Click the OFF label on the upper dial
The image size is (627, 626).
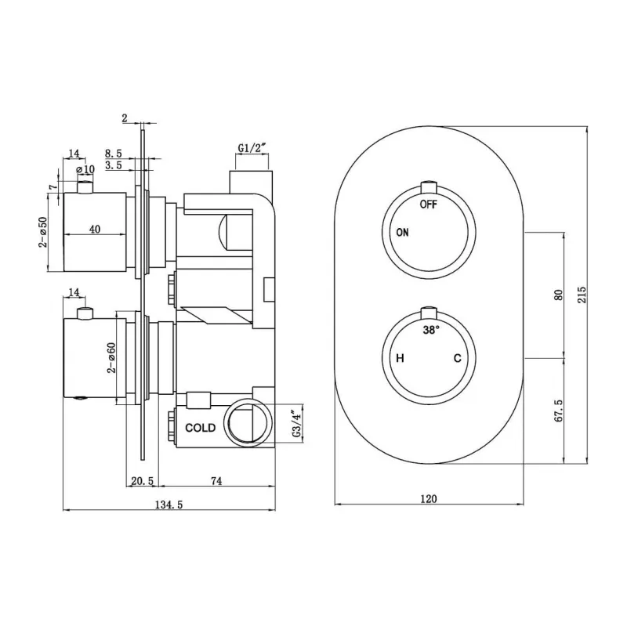tap(428, 204)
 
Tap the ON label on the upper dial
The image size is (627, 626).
tap(402, 232)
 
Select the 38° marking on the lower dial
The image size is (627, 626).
tap(431, 330)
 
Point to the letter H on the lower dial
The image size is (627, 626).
tap(400, 358)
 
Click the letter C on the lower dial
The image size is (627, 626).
tap(458, 358)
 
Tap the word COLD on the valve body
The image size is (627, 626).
tap(201, 428)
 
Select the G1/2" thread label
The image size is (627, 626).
tap(252, 148)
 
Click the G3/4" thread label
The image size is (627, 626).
tap(297, 423)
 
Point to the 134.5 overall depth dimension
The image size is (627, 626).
tap(169, 505)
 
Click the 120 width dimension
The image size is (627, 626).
tap(429, 498)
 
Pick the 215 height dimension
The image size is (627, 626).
tap(582, 295)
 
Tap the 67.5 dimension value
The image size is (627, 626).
tap(559, 411)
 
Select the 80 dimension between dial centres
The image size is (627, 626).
tap(559, 295)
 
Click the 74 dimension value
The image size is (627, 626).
tap(216, 481)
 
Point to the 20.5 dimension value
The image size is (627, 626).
tap(143, 481)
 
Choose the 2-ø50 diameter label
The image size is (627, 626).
tap(43, 232)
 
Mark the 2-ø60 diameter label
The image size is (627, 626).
tap(111, 358)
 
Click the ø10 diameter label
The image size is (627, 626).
tap(85, 169)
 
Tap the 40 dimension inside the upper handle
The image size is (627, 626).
tap(95, 229)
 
